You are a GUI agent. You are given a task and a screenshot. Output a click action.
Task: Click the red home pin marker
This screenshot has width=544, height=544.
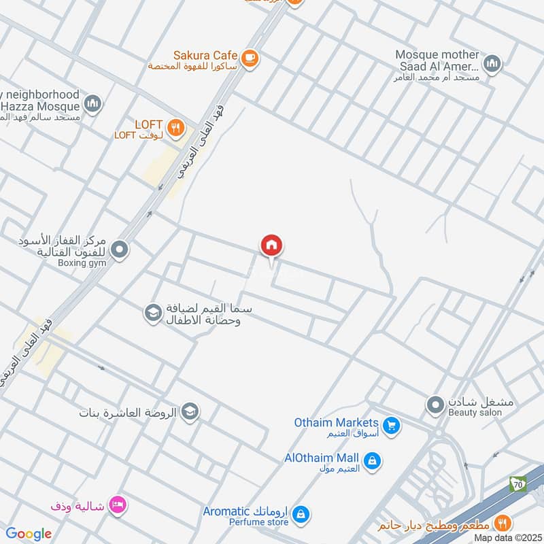pos(272,246)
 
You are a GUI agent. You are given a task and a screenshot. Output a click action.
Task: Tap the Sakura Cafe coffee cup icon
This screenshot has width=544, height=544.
pos(250,58)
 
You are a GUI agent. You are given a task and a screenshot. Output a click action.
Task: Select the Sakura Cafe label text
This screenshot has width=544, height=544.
pos(205,55)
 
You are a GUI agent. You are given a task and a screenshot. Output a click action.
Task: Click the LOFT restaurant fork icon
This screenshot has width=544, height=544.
pos(176,126)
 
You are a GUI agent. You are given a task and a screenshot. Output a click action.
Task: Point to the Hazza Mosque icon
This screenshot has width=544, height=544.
pos(92,104)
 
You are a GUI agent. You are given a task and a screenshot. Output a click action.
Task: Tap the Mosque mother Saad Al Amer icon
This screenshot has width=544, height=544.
pos(492,65)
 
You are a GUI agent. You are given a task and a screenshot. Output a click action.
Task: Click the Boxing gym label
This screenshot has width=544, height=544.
pos(82,263)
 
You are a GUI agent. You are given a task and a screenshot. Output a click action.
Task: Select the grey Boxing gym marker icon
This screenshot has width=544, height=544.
pos(120,251)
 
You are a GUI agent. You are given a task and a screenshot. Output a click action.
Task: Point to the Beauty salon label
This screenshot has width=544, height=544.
pos(475,413)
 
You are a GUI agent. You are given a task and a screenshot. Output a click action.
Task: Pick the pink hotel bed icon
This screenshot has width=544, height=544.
pos(118,505)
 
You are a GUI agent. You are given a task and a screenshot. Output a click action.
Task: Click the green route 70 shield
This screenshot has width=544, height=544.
pos(517,485)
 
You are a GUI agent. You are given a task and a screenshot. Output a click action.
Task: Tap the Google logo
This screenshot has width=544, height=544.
pos(29,534)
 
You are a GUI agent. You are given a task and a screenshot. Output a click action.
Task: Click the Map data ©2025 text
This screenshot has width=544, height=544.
pos(507,538)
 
